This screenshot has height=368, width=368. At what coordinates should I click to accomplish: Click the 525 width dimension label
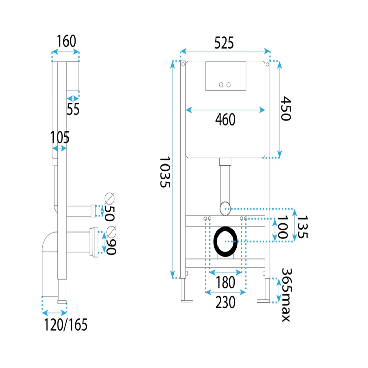pos(224,43)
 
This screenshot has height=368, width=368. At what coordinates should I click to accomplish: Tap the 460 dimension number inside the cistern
pos(225,119)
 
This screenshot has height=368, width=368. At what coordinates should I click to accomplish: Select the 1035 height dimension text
pos(165,172)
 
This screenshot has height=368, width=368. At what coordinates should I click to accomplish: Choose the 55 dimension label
pos(73,109)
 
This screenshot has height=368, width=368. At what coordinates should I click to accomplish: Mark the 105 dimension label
pos(60,137)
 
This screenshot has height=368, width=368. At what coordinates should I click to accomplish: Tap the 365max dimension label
pos(287,295)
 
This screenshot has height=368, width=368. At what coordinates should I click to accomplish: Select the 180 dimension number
pos(225,282)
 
